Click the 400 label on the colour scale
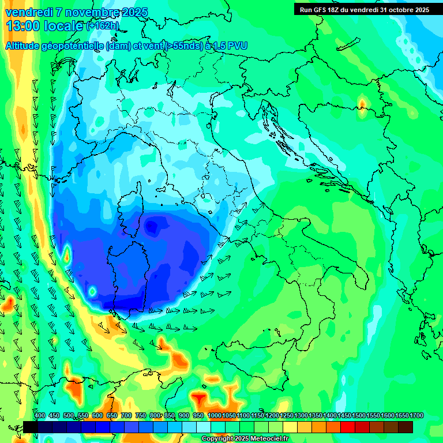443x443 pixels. pos(40,416)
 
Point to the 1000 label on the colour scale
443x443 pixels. pos(214,416)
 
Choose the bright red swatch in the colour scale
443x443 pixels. pos(348,427)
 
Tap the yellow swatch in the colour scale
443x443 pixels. pos(290,427)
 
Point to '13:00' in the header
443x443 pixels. pos(23,26)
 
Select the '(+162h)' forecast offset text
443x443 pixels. pos(103,26)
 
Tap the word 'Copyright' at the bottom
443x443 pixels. pos(217,439)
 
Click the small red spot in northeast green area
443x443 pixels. pos(362,104)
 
